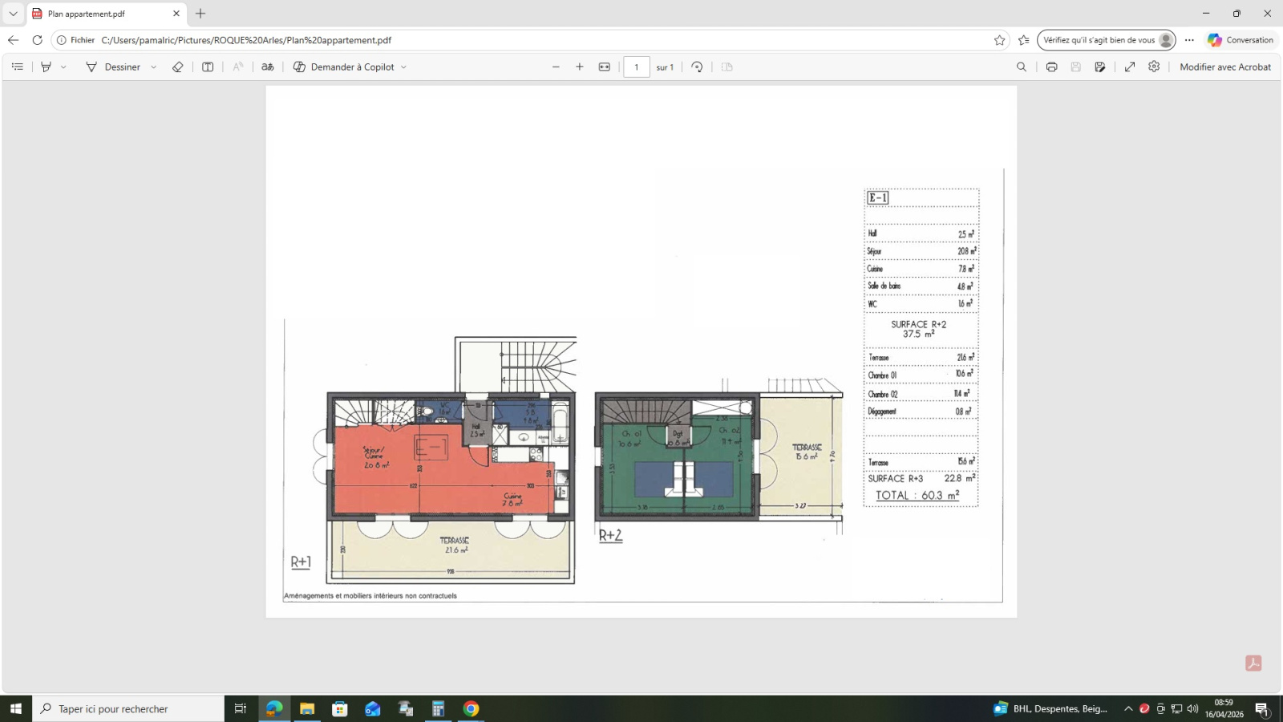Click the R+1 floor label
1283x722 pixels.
[301, 562]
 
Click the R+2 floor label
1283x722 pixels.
[610, 535]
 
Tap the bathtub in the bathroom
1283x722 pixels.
[560, 424]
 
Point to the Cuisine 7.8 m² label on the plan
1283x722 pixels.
[513, 499]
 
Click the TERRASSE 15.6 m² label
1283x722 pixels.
[807, 452]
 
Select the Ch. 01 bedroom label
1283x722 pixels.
[630, 438]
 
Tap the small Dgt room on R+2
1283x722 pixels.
[678, 436]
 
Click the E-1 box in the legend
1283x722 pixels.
[878, 198]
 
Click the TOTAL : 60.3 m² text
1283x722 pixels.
[917, 496]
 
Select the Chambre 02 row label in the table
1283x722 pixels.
[883, 394]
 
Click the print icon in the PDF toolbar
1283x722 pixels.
[1051, 67]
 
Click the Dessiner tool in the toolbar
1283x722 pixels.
[113, 67]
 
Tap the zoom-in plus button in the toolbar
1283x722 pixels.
[580, 67]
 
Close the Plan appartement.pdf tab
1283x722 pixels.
[176, 14]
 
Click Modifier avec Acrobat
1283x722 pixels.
[1224, 67]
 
